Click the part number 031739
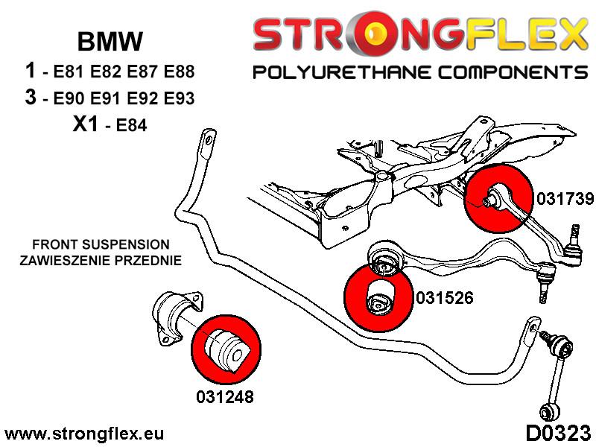click(564, 199)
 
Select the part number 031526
click(443, 297)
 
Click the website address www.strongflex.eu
click(83, 434)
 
